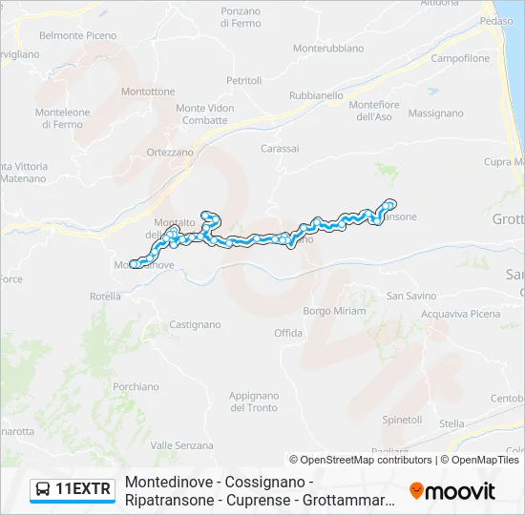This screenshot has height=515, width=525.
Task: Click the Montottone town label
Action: pos(148,92)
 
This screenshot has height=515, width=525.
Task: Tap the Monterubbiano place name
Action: pos(328,48)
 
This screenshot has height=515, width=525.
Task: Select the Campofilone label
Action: pos(460,59)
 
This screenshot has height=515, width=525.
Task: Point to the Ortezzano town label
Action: pos(170,152)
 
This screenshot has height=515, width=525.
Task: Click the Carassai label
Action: pos(280,149)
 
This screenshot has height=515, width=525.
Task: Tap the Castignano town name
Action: pos(195,325)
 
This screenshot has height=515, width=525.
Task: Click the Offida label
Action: pos(288,333)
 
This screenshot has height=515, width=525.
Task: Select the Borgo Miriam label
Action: pos(334,312)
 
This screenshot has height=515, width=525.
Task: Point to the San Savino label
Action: pos(411,297)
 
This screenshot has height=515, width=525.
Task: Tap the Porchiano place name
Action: pos(136,387)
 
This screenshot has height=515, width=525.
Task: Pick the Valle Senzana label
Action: pos(181,445)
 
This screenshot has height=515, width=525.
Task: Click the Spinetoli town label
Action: pos(402,420)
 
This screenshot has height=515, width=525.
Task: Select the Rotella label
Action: pos(105,297)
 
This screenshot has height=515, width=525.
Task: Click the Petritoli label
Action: pos(243,81)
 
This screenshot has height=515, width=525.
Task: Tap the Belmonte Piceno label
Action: pos(78,36)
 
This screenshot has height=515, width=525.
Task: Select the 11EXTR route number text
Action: pos(84,490)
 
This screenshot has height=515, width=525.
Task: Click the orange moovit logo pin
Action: pos(416,490)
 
